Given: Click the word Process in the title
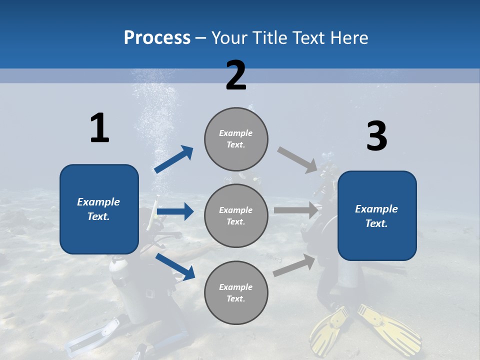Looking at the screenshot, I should [x=157, y=37].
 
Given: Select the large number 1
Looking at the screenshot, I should [x=99, y=128].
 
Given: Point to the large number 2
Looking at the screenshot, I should [x=236, y=76].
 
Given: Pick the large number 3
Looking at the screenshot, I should [x=376, y=136].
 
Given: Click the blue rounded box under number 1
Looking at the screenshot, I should [x=99, y=209].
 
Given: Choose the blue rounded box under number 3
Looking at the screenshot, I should [x=377, y=216].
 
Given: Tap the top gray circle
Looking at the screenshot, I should [x=236, y=139].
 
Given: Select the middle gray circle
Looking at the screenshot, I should [x=236, y=215].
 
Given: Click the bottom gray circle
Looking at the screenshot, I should [x=236, y=292].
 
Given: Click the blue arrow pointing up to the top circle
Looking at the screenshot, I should [x=174, y=159].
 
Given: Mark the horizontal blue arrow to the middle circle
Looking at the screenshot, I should [x=175, y=211].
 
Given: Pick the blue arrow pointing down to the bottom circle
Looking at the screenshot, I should [x=175, y=267].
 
